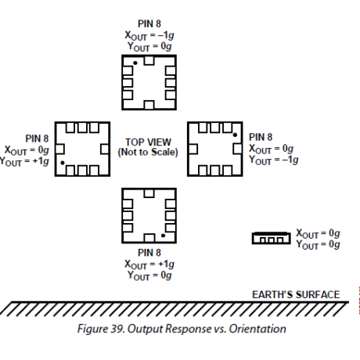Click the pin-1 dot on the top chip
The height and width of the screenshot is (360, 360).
[x=135, y=63]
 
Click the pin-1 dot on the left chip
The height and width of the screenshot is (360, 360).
[x=63, y=163]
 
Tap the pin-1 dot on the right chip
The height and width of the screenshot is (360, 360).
[x=235, y=135]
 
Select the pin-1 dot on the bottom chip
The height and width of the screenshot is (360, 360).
[x=163, y=236]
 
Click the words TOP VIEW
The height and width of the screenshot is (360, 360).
[x=148, y=142]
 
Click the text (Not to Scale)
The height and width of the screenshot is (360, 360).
[x=148, y=152]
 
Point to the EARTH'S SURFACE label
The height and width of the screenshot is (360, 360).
[x=296, y=294]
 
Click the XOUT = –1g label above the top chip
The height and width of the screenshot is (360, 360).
[x=149, y=36]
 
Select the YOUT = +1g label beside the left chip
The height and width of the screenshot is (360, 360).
[x=24, y=162]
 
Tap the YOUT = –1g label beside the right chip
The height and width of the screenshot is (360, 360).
[x=274, y=160]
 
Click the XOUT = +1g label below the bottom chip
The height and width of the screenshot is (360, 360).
[x=149, y=265]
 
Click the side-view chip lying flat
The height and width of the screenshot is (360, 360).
[x=272, y=238]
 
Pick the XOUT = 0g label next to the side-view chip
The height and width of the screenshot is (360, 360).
[x=318, y=233]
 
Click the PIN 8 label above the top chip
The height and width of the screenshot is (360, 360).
[x=149, y=23]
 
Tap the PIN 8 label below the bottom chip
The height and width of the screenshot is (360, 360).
[x=149, y=253]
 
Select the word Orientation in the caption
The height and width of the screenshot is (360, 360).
[x=257, y=329]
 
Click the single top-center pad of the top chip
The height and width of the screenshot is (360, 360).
[x=149, y=60]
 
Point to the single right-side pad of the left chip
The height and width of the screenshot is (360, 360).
[x=105, y=149]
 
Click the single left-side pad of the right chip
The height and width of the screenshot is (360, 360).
[x=193, y=149]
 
